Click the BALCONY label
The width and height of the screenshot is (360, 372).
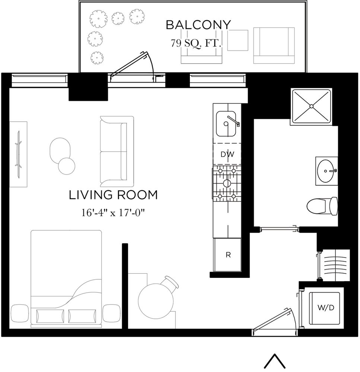[x=198, y=25]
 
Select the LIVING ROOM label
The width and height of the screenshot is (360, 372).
[x=113, y=195]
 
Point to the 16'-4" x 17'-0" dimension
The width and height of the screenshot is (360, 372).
[x=113, y=213]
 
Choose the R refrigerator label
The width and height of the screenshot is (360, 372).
[x=228, y=255]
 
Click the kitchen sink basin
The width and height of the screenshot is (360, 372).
[x=226, y=124]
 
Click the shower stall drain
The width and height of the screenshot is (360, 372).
[x=311, y=106]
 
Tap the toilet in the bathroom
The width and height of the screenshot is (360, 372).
[x=322, y=205]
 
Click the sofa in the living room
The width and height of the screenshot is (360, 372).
[x=117, y=151]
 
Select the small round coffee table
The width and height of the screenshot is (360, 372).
[x=67, y=166]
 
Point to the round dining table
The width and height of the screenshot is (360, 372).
[x=155, y=301]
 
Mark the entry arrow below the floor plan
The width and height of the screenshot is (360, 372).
[x=275, y=360]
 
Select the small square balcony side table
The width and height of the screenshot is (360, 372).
[x=238, y=40]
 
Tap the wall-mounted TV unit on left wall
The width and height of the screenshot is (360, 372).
[x=18, y=154]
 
